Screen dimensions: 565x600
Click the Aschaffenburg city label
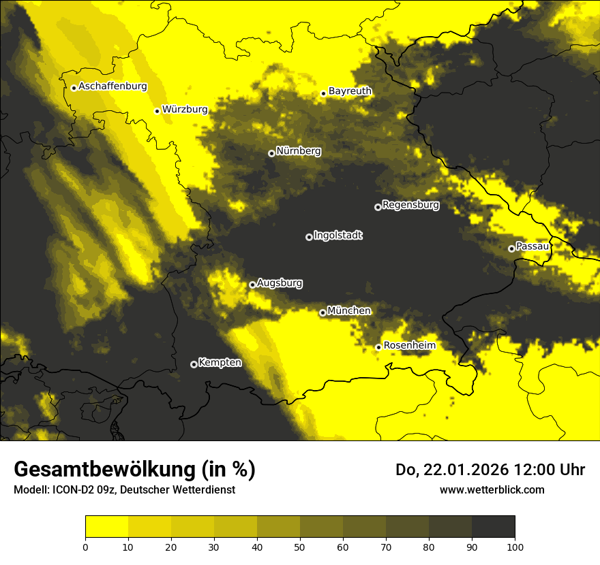[x=112, y=86]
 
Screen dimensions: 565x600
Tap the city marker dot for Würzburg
[x=157, y=111]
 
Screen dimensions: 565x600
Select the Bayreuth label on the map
[x=350, y=91]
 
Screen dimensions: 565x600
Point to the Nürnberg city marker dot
[x=271, y=153]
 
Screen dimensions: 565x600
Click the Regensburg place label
[x=410, y=204]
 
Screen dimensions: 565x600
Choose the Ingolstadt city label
[x=338, y=236]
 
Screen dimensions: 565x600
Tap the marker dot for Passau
[x=511, y=248]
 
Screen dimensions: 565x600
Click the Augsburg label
[x=280, y=283]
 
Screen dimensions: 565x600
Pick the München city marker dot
[x=322, y=312]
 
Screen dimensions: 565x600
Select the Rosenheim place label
[x=409, y=345]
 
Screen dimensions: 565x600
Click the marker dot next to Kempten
[x=194, y=364]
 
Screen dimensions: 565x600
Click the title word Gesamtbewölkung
[x=106, y=470]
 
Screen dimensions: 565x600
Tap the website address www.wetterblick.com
[x=492, y=489]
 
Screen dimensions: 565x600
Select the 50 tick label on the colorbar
[x=300, y=546]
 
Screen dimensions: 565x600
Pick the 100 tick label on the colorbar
[x=514, y=546]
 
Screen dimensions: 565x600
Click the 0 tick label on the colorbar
[x=85, y=546]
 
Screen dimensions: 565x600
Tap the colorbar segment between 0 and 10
[x=106, y=526]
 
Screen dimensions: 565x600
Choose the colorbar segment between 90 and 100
[x=493, y=526]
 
